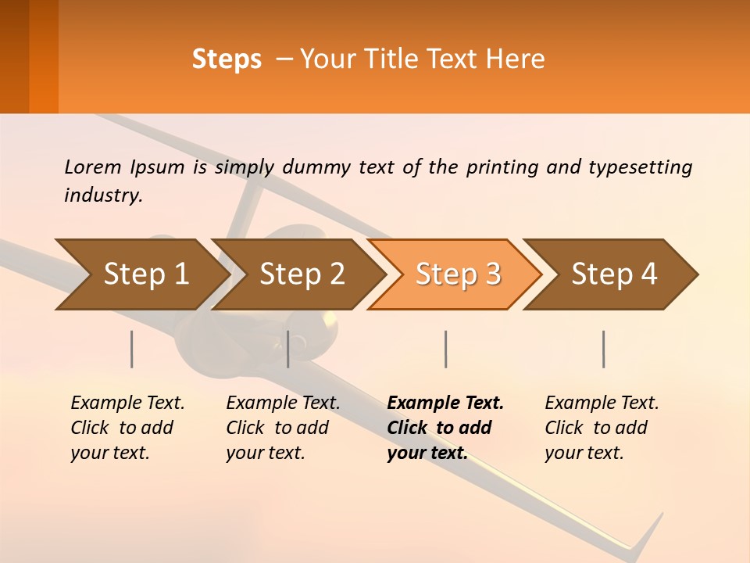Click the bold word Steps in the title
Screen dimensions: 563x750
click(x=227, y=59)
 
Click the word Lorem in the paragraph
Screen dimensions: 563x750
click(x=93, y=167)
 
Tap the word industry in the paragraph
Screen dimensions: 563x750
click(x=103, y=195)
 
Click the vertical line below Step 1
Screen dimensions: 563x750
click(x=132, y=349)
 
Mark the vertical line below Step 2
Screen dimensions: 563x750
click(x=288, y=349)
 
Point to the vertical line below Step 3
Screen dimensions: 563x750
click(x=445, y=349)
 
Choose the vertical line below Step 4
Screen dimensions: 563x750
click(x=603, y=349)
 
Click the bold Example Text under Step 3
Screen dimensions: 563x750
click(x=445, y=403)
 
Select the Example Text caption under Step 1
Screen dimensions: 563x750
click(x=127, y=403)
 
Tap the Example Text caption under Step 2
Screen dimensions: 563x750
click(x=283, y=403)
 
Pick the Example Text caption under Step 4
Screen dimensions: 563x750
click(x=602, y=403)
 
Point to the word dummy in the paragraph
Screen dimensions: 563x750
click(x=316, y=167)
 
